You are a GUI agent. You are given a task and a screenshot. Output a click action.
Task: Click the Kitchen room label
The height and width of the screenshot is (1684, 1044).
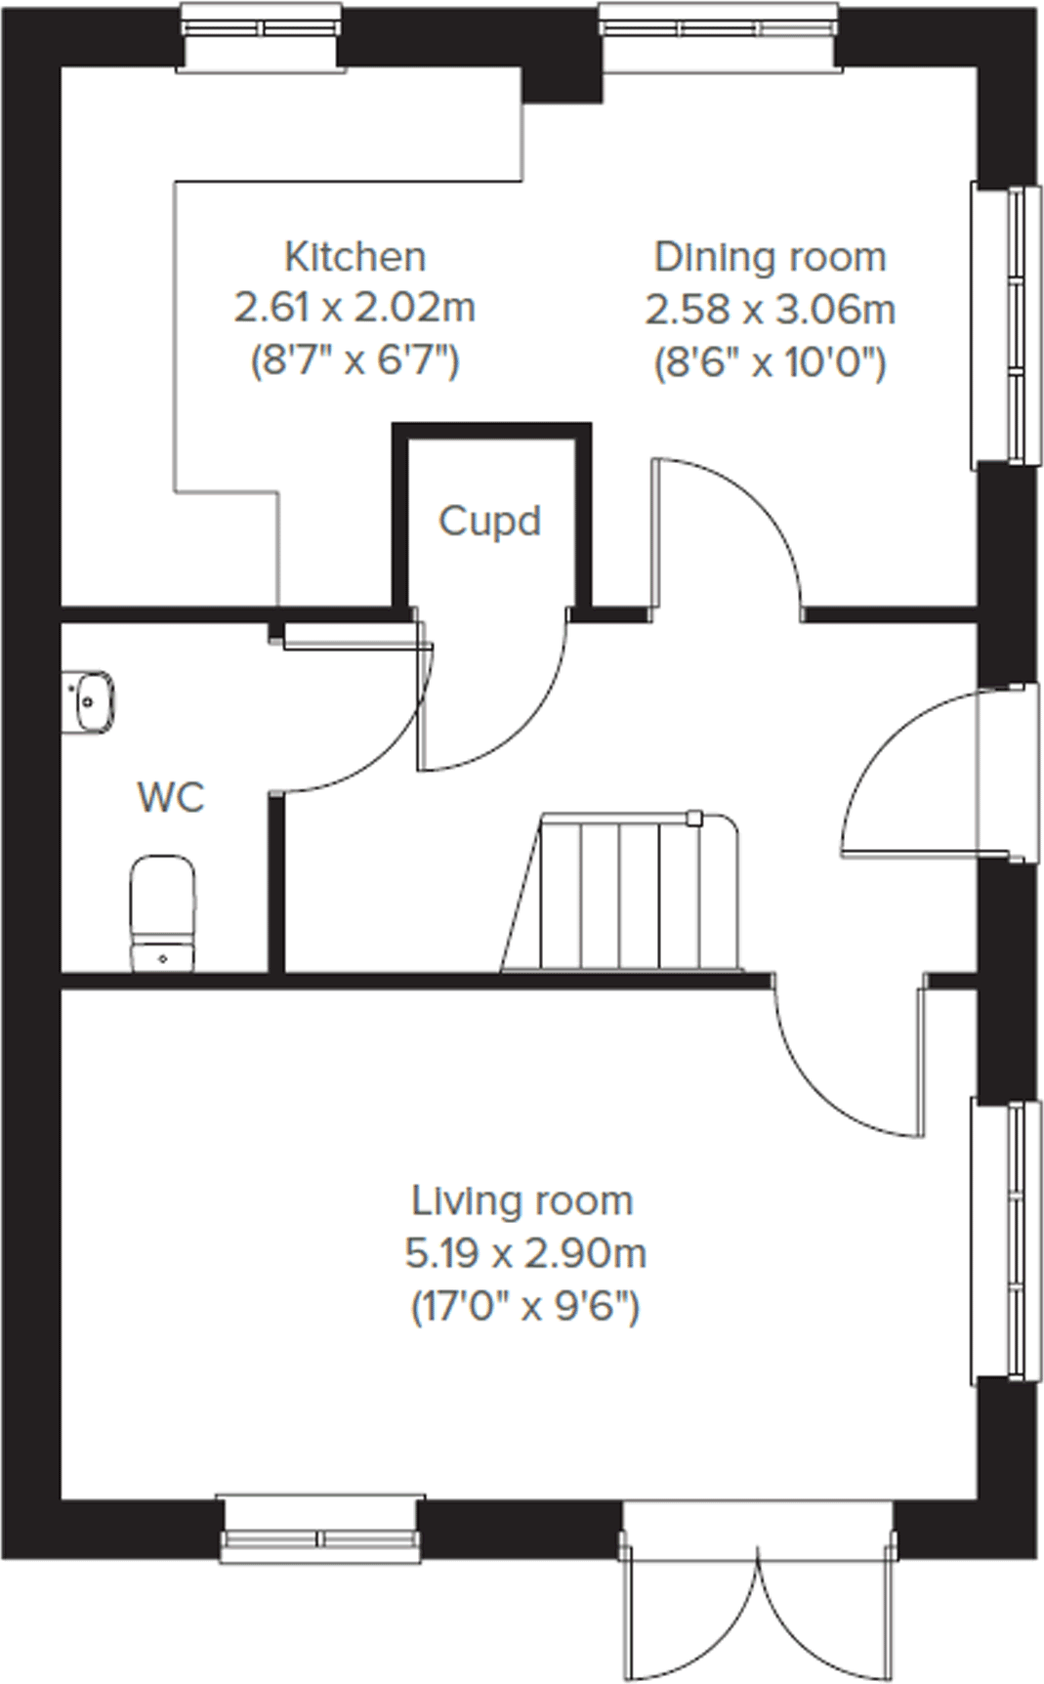tap(355, 257)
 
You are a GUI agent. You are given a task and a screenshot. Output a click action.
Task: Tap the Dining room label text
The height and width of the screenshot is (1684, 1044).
tap(770, 257)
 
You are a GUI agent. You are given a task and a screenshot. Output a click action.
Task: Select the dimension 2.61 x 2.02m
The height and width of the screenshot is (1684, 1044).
tap(355, 309)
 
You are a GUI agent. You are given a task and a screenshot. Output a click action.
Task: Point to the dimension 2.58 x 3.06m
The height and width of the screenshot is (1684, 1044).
tap(770, 311)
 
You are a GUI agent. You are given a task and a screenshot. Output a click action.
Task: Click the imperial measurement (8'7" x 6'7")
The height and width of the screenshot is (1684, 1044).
tap(355, 362)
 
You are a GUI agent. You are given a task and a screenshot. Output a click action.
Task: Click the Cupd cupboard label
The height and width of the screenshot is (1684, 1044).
tap(489, 521)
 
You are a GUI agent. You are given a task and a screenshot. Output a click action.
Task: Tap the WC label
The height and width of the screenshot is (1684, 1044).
tap(171, 797)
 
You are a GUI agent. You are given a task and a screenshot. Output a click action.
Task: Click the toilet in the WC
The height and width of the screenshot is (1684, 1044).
tap(163, 913)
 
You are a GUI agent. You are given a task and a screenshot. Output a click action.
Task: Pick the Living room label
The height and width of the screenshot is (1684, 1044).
tap(522, 1200)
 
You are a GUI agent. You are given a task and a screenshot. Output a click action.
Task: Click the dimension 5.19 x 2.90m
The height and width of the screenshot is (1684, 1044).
tap(525, 1252)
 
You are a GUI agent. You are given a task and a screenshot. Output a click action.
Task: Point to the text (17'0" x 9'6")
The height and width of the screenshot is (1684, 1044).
tap(525, 1306)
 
